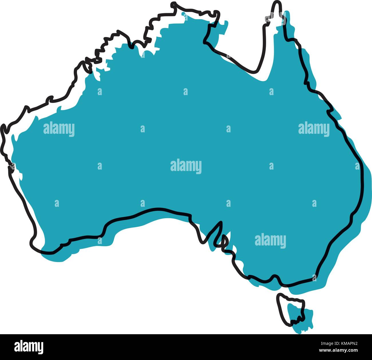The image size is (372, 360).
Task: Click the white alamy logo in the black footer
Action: tap(29, 347)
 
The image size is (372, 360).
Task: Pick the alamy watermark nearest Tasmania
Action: tap(270, 241)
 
